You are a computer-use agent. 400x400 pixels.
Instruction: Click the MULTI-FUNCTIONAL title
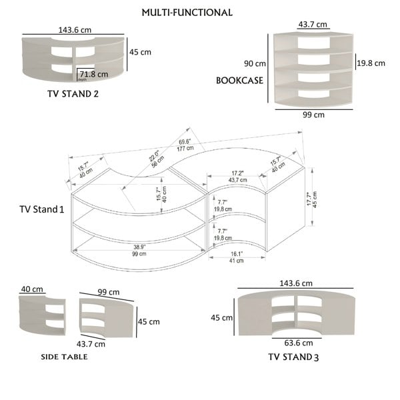[x=187, y=13]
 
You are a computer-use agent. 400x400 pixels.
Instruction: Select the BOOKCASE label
[x=239, y=81]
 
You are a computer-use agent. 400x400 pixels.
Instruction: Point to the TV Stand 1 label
[x=42, y=209]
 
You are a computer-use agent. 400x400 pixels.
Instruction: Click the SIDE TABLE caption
[x=65, y=357]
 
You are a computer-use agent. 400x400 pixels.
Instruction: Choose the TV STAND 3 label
[x=293, y=357]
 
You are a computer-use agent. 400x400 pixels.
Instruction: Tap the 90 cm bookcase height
[x=255, y=64]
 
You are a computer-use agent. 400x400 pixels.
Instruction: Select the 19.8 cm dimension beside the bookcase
[x=370, y=63]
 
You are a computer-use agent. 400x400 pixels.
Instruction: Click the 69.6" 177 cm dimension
[x=186, y=145]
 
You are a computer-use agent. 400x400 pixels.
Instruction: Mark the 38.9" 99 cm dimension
[x=139, y=250]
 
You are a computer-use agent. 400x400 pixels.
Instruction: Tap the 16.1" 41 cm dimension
[x=236, y=257]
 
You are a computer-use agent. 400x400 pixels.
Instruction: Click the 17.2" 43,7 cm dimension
[x=237, y=176]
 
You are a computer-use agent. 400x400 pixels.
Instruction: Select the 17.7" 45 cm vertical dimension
[x=311, y=199]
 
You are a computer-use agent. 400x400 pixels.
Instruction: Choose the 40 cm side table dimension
[x=32, y=289]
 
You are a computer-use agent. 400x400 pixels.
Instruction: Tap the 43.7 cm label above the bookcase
[x=313, y=25]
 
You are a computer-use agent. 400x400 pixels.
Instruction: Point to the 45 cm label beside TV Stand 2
[x=139, y=53]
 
